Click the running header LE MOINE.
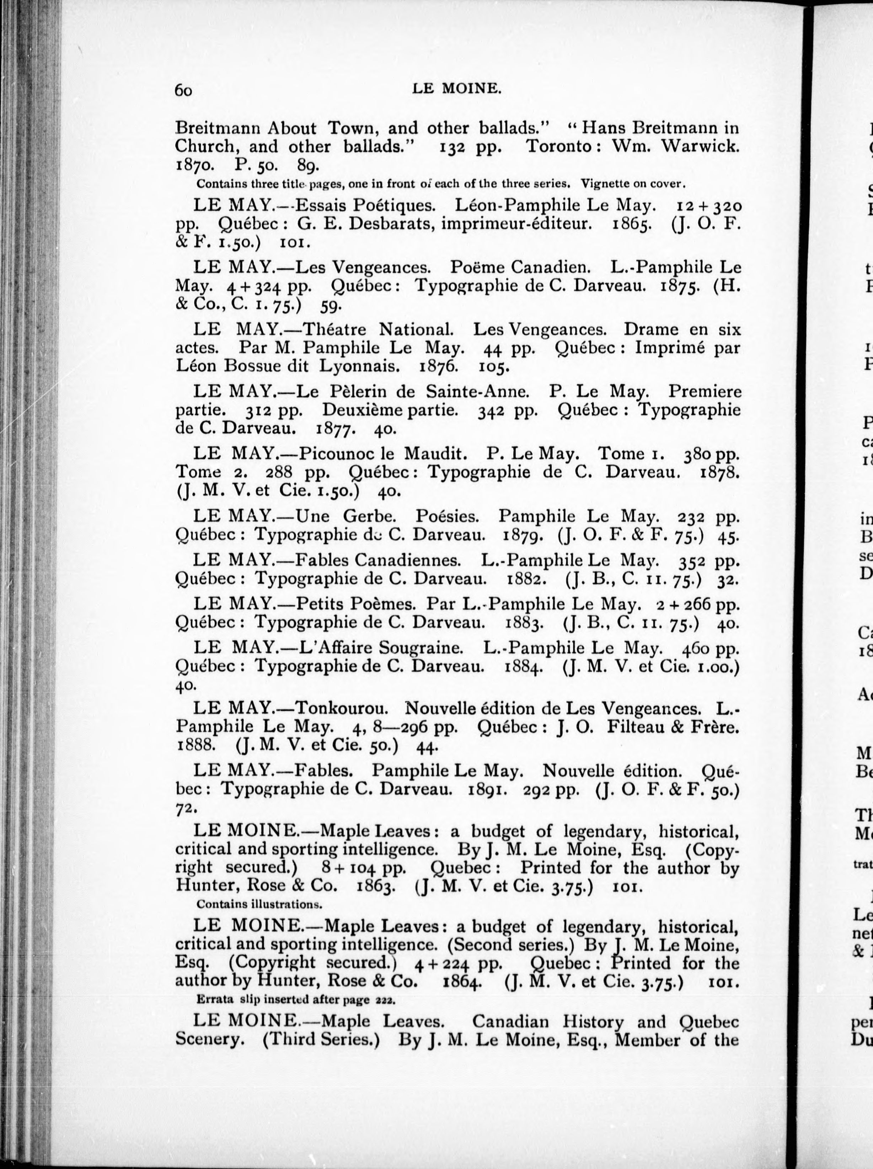pyautogui.click(x=456, y=89)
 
